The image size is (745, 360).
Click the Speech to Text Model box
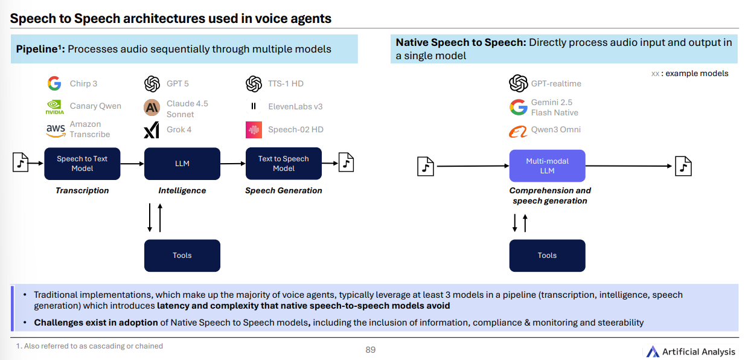(82, 164)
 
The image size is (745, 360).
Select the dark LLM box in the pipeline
(182, 164)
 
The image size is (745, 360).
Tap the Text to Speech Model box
(283, 164)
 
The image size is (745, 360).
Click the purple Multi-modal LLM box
(547, 166)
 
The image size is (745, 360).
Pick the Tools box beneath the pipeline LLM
(182, 256)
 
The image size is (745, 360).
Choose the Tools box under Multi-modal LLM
(547, 256)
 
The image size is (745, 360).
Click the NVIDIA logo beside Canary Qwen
(54, 106)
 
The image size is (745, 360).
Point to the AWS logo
(55, 129)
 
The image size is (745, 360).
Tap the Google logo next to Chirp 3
(54, 83)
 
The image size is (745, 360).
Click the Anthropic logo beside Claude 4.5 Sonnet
(152, 108)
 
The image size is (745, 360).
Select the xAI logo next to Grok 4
(151, 130)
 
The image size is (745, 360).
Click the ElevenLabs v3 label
(295, 106)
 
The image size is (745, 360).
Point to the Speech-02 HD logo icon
(254, 129)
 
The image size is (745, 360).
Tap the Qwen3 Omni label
(555, 129)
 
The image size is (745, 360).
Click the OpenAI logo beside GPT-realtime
(518, 83)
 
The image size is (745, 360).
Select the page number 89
(371, 350)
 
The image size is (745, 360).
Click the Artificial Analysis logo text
(699, 352)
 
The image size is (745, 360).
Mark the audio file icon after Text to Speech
(346, 162)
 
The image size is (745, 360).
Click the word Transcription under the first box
(82, 190)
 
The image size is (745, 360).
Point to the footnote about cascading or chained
(89, 346)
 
